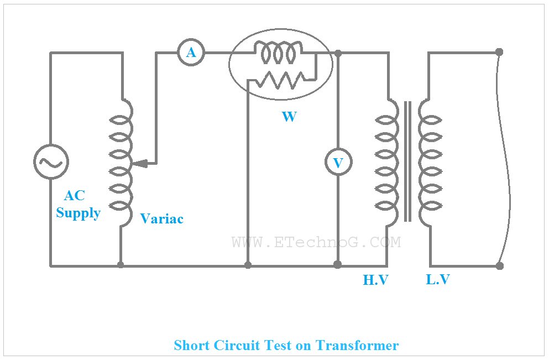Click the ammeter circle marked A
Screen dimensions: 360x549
click(x=191, y=53)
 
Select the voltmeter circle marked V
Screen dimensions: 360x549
click(x=338, y=163)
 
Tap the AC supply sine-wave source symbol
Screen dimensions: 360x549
click(x=51, y=162)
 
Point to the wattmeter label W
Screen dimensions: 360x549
click(x=289, y=117)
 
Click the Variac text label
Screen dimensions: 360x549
click(x=161, y=219)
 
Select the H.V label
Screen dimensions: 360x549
click(x=375, y=280)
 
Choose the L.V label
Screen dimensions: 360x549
click(x=437, y=280)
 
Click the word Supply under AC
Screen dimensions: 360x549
click(x=78, y=213)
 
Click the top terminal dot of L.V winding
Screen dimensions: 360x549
click(x=499, y=52)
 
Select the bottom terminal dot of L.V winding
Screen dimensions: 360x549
click(x=500, y=266)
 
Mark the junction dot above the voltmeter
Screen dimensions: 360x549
click(x=338, y=53)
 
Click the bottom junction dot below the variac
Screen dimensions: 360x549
click(x=121, y=265)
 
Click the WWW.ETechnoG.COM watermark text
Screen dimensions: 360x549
click(x=316, y=242)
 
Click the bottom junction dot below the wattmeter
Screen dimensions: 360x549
click(x=248, y=265)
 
